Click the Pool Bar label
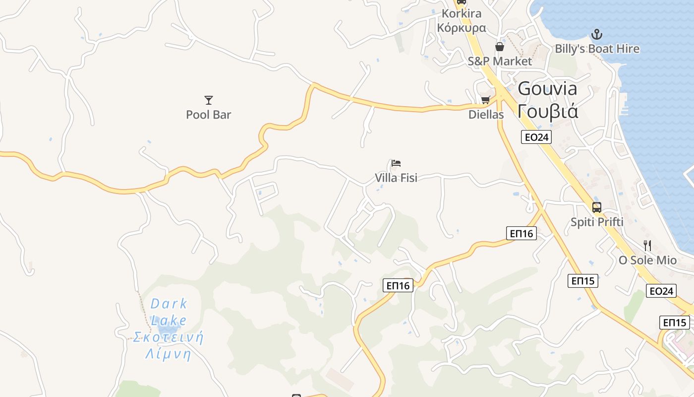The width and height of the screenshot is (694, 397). click(208, 115)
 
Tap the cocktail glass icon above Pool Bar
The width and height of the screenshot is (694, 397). click(209, 100)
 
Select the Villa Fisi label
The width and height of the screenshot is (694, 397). click(396, 178)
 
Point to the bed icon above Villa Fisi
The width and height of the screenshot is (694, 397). click(396, 163)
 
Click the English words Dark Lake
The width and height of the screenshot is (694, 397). click(169, 312)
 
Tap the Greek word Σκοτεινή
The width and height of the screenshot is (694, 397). click(168, 337)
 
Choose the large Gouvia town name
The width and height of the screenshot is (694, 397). click(547, 89)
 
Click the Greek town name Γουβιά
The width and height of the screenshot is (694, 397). click(547, 111)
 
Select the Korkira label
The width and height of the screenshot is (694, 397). click(461, 13)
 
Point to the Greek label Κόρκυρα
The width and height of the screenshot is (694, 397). click(461, 27)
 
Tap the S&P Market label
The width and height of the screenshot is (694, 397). click(500, 61)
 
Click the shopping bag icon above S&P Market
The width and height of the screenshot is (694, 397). click(500, 47)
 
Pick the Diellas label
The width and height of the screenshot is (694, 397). click(486, 115)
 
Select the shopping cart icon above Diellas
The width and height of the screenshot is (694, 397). click(486, 100)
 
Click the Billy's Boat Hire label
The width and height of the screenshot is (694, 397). click(597, 49)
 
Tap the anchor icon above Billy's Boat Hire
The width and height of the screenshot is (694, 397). click(597, 34)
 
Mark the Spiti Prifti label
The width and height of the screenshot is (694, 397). click(597, 222)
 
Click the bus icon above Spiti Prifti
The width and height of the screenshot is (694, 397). click(597, 207)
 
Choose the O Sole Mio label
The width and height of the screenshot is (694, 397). click(647, 260)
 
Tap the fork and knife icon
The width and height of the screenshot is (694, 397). click(647, 245)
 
